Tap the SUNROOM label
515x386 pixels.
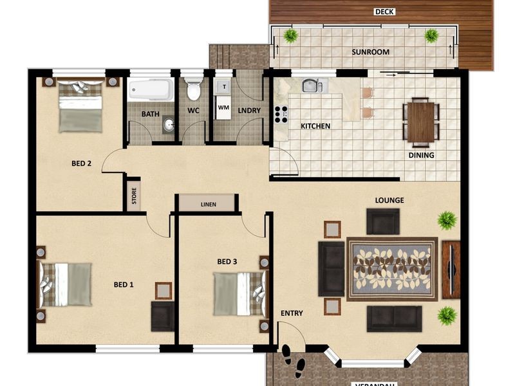click(370, 52)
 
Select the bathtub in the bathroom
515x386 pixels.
click(150, 89)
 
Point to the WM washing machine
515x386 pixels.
click(223, 107)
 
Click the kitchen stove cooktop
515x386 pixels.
click(281, 114)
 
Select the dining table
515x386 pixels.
click(422, 122)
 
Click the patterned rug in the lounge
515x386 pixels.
click(392, 269)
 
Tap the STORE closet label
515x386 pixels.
click(134, 195)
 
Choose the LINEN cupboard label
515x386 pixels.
click(207, 205)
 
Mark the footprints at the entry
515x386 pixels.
click(294, 361)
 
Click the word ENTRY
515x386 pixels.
click(292, 313)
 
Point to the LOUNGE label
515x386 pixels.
click(389, 200)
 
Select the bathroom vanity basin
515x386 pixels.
click(168, 124)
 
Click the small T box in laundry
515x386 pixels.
click(224, 86)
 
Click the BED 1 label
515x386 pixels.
click(124, 284)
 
